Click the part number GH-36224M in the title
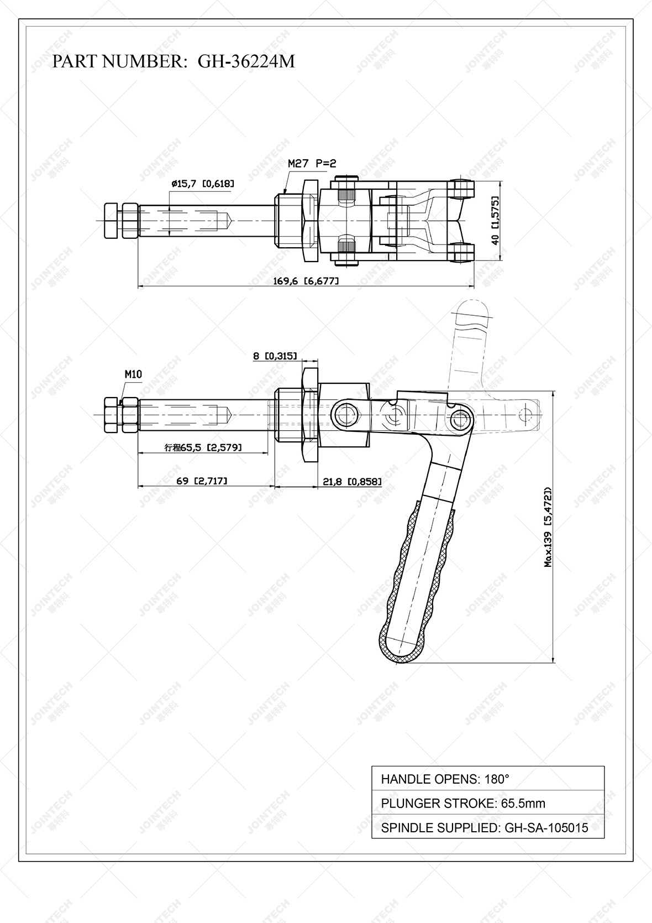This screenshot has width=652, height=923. (x=246, y=61)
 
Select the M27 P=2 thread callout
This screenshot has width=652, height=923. (x=312, y=163)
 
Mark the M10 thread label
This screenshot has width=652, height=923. (x=133, y=374)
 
